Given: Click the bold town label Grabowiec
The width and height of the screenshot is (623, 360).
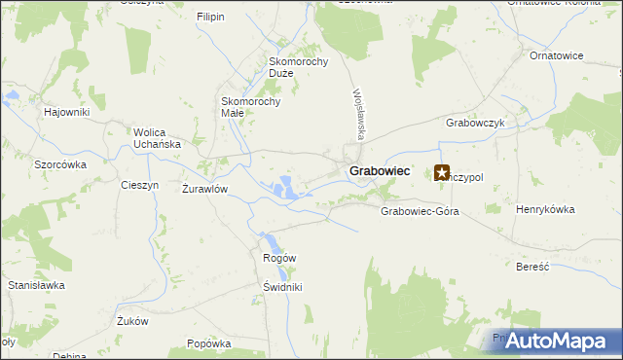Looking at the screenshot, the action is [379, 171].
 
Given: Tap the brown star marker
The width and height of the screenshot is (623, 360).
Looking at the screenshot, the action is [442, 172].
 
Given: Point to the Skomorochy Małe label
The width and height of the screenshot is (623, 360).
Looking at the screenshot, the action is [251, 106].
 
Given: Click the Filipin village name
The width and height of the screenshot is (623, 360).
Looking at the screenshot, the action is [210, 18].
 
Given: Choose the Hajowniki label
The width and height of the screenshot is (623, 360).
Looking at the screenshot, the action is [67, 112].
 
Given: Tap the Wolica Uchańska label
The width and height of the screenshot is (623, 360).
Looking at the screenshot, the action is [158, 138].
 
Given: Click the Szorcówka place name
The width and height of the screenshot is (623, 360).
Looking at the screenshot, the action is [60, 164].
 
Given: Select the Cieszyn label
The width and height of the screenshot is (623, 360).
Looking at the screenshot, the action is [138, 185].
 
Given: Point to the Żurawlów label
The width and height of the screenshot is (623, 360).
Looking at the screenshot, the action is [204, 189].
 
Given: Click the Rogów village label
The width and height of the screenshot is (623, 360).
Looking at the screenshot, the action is [279, 257].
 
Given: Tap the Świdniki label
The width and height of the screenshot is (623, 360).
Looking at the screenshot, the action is [283, 287].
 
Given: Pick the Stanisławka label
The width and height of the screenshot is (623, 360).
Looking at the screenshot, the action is [36, 285].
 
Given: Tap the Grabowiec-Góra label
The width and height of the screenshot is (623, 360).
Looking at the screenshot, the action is [420, 211].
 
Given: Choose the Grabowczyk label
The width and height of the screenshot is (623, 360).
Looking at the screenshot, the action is [474, 124].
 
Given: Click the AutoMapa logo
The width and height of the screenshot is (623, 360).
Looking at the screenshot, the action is [556, 342].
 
